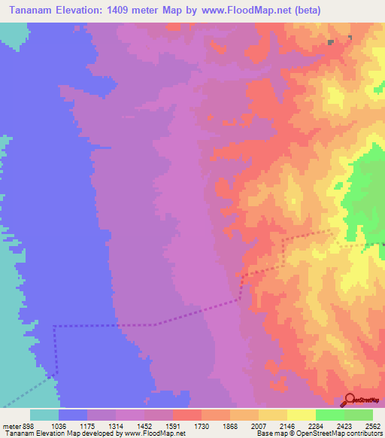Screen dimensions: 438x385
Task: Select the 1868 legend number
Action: pyautogui.click(x=227, y=425)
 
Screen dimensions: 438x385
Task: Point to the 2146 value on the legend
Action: pyautogui.click(x=285, y=425)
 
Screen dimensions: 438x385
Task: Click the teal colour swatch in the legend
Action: pyautogui.click(x=44, y=415)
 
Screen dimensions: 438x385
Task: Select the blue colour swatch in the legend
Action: pyautogui.click(x=73, y=415)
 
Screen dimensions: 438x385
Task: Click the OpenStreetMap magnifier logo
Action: pyautogui.click(x=349, y=399)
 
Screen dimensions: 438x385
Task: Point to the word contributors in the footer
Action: pyautogui.click(x=362, y=433)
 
